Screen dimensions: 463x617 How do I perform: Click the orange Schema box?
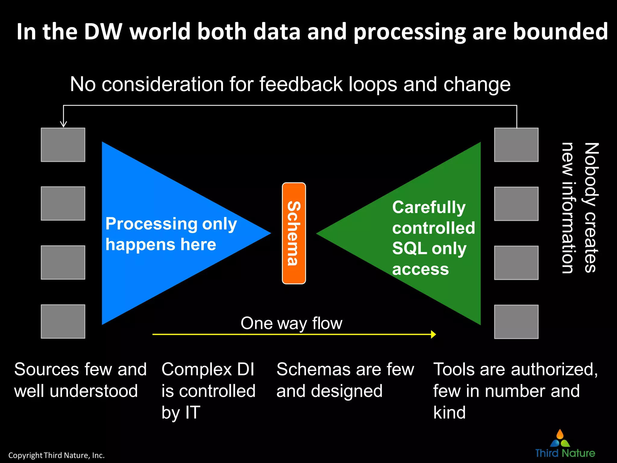(x=294, y=233)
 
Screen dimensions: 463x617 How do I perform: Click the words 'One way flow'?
(x=291, y=323)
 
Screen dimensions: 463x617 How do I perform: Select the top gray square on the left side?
(x=63, y=145)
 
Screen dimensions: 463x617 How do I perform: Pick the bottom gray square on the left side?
(x=63, y=321)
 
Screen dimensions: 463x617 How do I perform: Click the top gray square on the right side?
(x=516, y=145)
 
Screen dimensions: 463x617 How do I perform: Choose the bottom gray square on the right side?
(x=516, y=322)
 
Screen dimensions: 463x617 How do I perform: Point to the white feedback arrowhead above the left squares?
(x=63, y=124)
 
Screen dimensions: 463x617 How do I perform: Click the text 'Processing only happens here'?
(x=171, y=234)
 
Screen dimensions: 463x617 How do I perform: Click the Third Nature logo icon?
(x=560, y=439)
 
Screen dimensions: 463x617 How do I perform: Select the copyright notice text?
(x=56, y=455)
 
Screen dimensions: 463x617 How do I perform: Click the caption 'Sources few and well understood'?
(x=80, y=380)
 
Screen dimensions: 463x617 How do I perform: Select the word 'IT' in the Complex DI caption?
(x=193, y=412)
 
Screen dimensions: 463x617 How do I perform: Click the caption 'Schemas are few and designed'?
(x=345, y=380)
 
